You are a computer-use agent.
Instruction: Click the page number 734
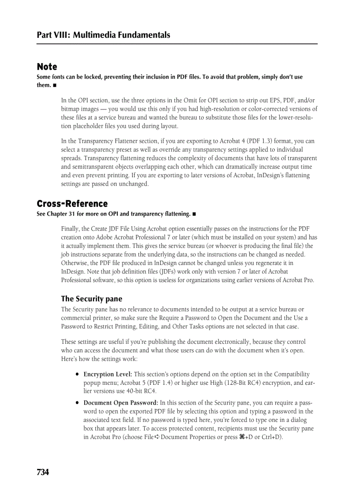coord(43,473)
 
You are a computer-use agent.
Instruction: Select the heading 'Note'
coord(47,67)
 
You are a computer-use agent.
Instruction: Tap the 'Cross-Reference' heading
coord(72,204)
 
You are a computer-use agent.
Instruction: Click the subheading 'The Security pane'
coord(91,299)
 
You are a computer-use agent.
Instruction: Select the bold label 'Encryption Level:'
coord(108,374)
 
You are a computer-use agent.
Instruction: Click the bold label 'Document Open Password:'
coord(120,403)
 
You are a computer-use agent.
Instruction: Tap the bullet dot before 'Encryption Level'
coord(77,374)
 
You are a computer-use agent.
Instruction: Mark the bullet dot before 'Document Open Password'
coord(77,403)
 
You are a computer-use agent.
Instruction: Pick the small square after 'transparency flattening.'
coord(194,214)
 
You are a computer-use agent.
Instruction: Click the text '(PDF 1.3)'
coord(259,141)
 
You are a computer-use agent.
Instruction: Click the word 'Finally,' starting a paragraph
coord(71,229)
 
